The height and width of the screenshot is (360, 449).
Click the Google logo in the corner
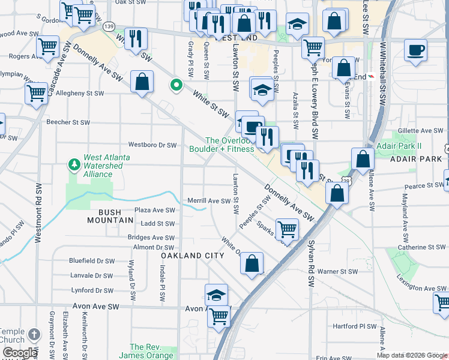tap(19, 353)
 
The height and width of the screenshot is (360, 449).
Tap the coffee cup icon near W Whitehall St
tap(415, 50)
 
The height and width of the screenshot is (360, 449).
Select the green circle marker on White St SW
tap(176, 86)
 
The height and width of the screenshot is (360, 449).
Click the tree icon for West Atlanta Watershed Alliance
tap(74, 164)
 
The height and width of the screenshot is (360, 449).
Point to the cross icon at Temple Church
tap(34, 334)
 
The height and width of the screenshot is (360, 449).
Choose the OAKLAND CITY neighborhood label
tap(192, 256)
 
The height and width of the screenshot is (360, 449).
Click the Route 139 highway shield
tap(109, 27)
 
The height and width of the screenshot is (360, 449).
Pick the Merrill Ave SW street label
tap(208, 201)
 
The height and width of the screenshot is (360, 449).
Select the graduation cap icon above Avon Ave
tap(217, 295)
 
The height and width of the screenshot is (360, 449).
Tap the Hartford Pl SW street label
tap(354, 328)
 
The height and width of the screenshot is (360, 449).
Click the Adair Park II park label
tap(400, 146)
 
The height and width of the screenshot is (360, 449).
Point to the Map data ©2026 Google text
tap(412, 355)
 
